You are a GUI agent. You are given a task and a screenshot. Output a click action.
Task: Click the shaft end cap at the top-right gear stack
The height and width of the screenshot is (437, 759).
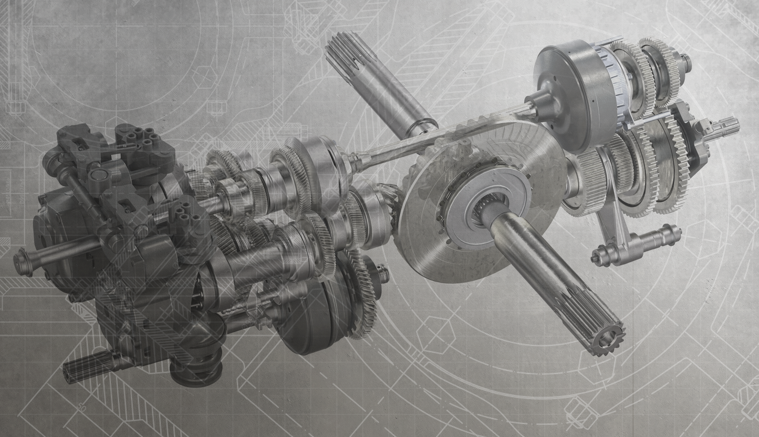coord(685,62)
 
